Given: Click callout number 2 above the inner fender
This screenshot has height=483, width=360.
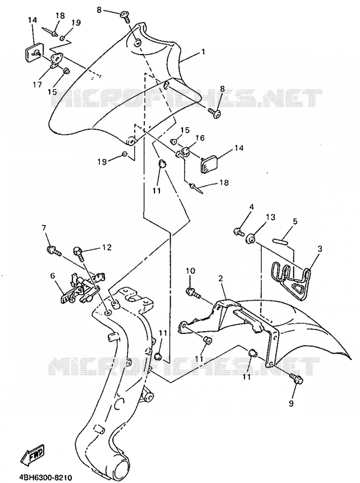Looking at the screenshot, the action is click(x=221, y=279).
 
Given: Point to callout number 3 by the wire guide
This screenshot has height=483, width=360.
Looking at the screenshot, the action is click(x=320, y=248).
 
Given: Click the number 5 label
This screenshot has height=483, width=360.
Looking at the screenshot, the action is click(x=295, y=221).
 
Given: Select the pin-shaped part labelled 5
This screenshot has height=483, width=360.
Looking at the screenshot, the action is click(x=280, y=240).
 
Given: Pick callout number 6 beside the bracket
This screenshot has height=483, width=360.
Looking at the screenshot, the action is click(x=53, y=275).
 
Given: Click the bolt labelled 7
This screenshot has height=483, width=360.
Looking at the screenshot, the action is click(x=53, y=251).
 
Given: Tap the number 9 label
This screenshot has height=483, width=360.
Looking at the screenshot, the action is click(x=291, y=403).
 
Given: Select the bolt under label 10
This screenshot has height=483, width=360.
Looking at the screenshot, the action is click(x=193, y=292).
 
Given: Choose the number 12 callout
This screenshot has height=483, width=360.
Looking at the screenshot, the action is click(x=107, y=247).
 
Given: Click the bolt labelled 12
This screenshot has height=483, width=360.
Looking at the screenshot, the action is click(x=79, y=254).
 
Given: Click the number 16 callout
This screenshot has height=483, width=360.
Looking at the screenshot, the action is click(x=200, y=138).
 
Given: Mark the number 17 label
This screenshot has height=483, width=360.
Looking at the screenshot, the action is click(x=37, y=84).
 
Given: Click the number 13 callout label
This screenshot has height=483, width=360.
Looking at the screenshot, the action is click(x=270, y=217).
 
